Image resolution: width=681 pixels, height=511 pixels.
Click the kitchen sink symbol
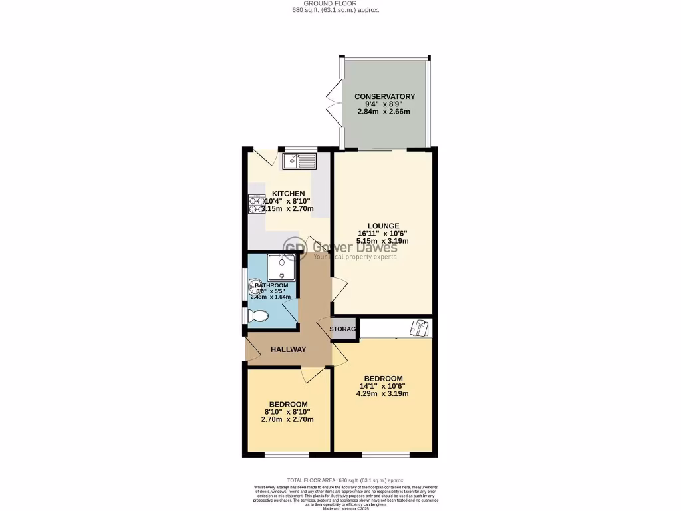click(x=300, y=161)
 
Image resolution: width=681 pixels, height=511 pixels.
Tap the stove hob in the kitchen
click(x=257, y=204)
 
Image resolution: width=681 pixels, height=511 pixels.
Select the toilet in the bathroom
click(x=255, y=316)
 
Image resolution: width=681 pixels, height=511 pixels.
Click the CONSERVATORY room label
click(x=384, y=97)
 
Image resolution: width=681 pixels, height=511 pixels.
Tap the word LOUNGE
click(x=382, y=226)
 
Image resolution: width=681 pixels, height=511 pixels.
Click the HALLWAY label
click(x=288, y=349)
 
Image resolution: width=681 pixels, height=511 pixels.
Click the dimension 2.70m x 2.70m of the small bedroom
click(x=288, y=419)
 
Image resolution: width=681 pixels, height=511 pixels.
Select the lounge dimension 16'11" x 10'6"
click(x=382, y=234)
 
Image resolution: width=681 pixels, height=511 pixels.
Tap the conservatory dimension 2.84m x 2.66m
click(x=384, y=112)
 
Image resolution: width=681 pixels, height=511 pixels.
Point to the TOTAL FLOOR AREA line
click(x=345, y=480)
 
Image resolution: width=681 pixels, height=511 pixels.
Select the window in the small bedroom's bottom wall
click(x=287, y=456)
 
